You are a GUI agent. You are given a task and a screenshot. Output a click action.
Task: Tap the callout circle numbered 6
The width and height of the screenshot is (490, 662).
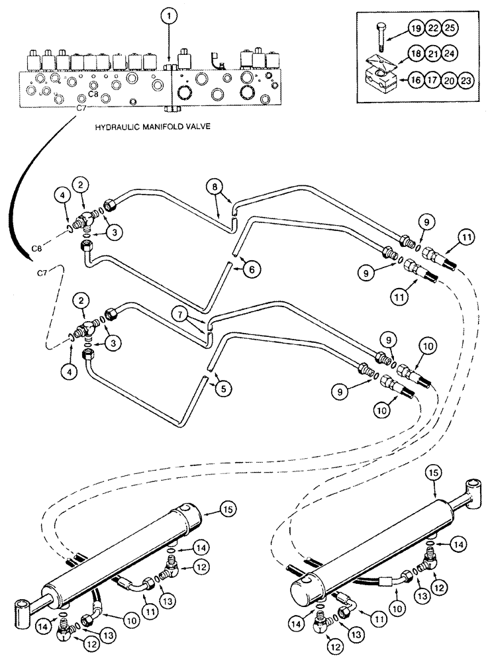252,268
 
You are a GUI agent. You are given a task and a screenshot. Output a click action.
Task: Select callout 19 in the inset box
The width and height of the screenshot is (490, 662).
416,28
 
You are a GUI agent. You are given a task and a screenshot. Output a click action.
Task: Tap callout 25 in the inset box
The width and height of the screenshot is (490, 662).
450,28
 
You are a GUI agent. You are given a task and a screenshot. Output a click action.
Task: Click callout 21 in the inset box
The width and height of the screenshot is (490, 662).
433,52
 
